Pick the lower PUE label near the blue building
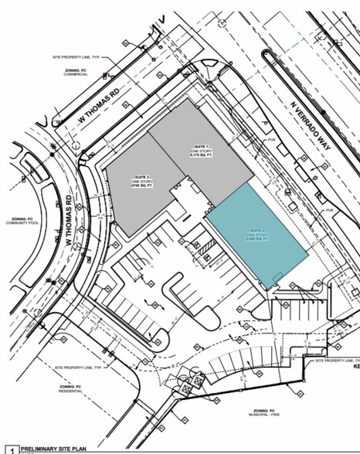pyautogui.click(x=328, y=209)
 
